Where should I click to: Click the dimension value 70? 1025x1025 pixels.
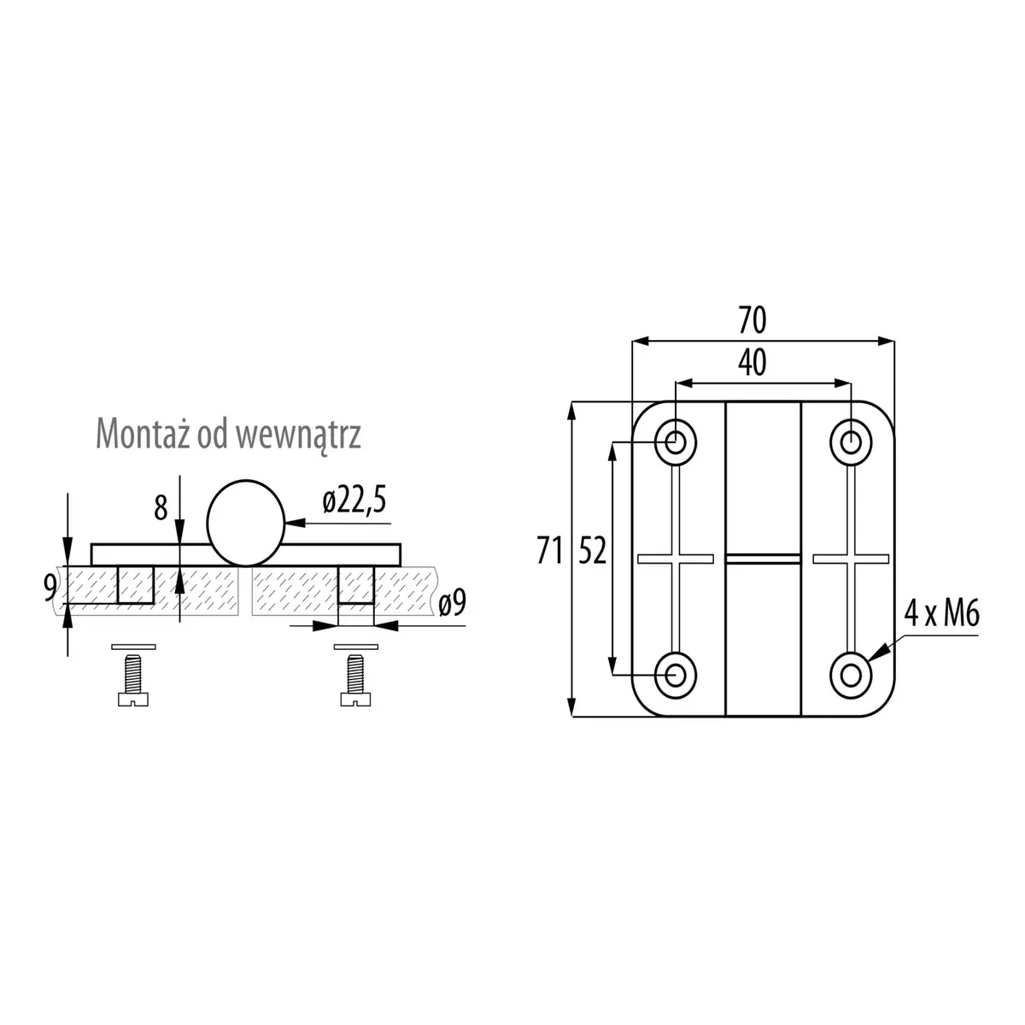tap(753, 320)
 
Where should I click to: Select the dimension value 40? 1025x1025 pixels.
tap(753, 363)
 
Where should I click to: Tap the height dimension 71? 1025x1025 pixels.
tap(549, 551)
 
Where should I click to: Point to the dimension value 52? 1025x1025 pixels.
tap(592, 551)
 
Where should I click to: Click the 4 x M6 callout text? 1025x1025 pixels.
tap(941, 613)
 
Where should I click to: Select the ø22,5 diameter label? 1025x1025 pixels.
tap(354, 501)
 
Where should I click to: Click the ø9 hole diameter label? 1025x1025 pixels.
tap(452, 603)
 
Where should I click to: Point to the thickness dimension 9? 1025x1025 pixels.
tap(50, 588)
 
